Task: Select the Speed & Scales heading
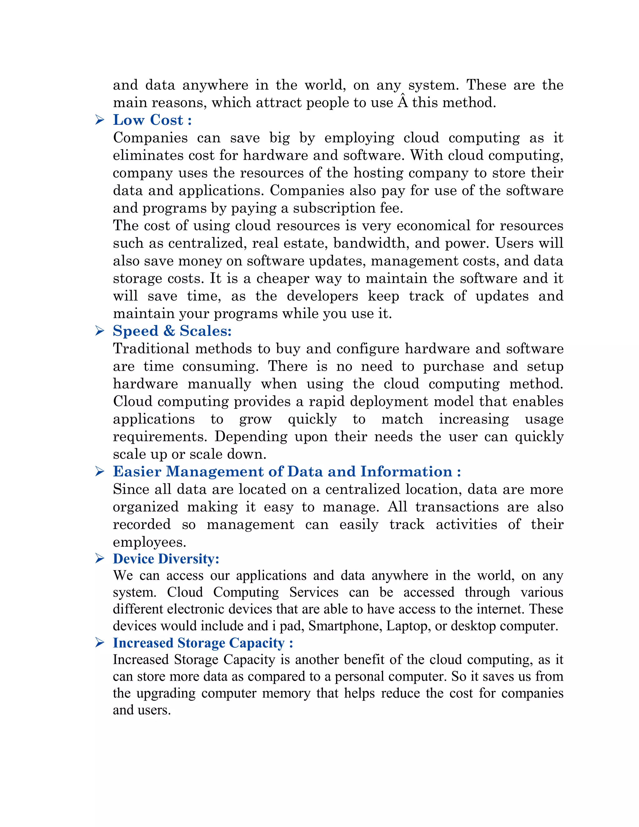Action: (172, 331)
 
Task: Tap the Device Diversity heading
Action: (166, 559)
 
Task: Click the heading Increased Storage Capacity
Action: (202, 643)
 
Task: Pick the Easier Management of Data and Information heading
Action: (286, 472)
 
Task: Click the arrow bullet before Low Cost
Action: (100, 120)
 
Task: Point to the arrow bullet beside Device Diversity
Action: (100, 559)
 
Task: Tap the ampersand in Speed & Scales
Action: (169, 331)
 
